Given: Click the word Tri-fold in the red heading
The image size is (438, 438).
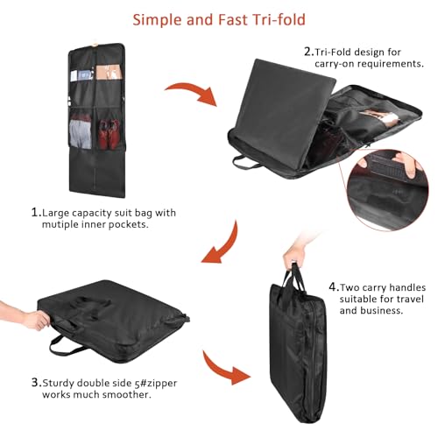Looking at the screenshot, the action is tap(279, 20).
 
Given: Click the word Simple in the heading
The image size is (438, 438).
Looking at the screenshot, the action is tap(157, 20).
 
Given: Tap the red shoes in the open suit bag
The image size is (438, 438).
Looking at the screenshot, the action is tap(109, 134).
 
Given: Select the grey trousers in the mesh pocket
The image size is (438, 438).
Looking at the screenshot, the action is tap(80, 134).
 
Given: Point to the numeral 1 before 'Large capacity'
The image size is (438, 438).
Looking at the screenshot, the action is tap(36, 212).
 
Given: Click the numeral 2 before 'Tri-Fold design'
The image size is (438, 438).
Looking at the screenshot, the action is tap(309, 52).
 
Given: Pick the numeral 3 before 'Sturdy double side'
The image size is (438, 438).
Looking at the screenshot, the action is tap(36, 382).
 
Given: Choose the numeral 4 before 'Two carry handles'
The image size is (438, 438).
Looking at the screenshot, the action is tap(334, 287).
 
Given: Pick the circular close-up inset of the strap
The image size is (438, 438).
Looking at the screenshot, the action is tap(388, 190).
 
